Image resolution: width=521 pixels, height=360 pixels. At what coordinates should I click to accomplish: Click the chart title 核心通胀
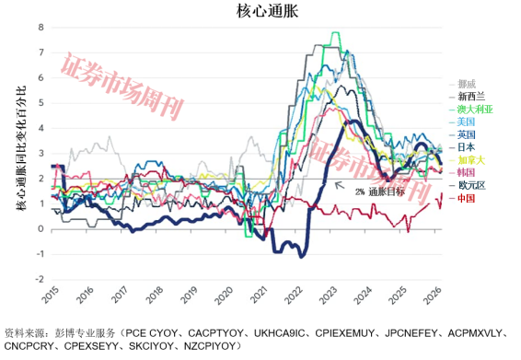(260, 11)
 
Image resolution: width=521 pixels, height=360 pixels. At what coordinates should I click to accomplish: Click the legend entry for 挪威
(468, 83)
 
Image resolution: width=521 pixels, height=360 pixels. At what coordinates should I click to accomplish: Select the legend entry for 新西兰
(470, 96)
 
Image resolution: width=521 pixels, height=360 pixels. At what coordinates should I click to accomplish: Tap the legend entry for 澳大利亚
(475, 109)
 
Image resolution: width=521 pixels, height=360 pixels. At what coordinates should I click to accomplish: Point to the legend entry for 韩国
(468, 172)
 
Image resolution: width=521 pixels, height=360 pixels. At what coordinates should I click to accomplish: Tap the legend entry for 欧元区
(470, 185)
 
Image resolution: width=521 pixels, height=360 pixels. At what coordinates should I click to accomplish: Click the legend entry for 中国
(468, 198)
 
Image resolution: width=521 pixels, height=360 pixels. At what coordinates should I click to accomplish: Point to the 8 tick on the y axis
(40, 28)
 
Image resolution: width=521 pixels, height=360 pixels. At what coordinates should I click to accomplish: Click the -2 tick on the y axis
(38, 279)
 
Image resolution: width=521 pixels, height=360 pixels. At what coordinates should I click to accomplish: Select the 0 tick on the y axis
(40, 228)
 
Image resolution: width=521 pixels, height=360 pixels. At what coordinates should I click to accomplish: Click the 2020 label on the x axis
(224, 296)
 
